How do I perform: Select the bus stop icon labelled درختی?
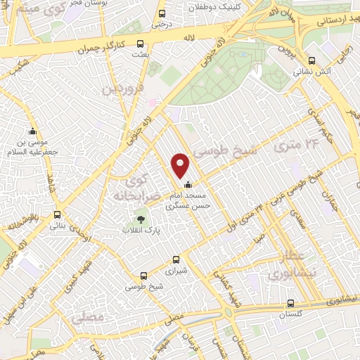162,13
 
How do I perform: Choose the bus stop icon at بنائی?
57,215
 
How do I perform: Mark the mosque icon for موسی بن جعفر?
32,131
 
